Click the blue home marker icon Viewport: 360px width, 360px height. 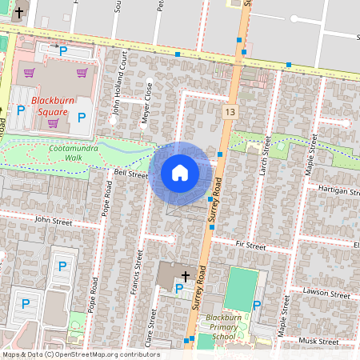click(180, 173)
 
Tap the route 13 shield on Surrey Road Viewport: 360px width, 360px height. click(231, 111)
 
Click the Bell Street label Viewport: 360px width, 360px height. click(130, 174)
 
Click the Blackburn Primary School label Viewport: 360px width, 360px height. click(218, 327)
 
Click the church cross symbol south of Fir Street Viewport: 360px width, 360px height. click(186, 275)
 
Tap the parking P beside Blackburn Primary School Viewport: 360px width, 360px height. click(256, 305)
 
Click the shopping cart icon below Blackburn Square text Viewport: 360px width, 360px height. click(54, 123)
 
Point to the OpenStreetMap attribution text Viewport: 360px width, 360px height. click(81, 354)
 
